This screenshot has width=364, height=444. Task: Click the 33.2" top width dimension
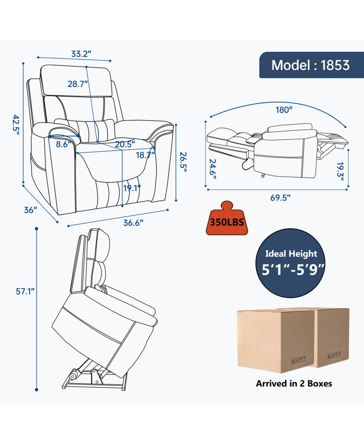pyautogui.click(x=81, y=54)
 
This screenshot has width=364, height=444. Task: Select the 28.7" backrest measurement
pyautogui.click(x=78, y=84)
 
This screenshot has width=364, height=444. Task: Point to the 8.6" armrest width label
pyautogui.click(x=63, y=144)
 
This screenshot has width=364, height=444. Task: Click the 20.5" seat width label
pyautogui.click(x=125, y=144)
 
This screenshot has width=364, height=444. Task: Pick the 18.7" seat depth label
pyautogui.click(x=145, y=155)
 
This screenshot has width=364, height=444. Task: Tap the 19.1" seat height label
pyautogui.click(x=132, y=188)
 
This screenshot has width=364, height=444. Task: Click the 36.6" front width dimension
pyautogui.click(x=133, y=223)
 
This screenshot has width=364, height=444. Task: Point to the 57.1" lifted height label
pyautogui.click(x=25, y=291)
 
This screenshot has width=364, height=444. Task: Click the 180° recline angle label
pyautogui.click(x=284, y=110)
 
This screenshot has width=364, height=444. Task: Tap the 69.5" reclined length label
pyautogui.click(x=280, y=198)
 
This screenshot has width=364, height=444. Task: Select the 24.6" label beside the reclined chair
pyautogui.click(x=213, y=169)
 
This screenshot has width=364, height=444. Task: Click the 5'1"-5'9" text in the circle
pyautogui.click(x=293, y=269)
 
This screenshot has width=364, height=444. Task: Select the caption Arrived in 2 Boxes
pyautogui.click(x=294, y=383)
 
